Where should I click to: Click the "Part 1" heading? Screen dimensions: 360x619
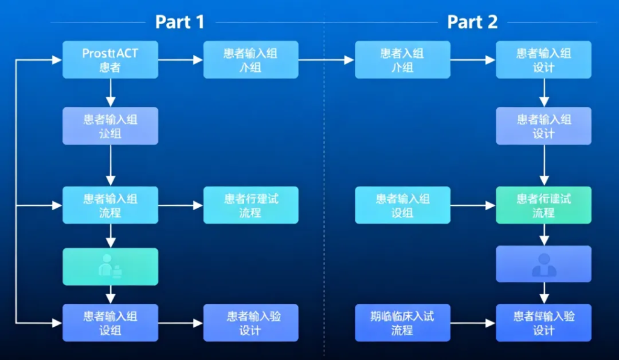180,22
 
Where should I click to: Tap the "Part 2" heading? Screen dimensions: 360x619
472,22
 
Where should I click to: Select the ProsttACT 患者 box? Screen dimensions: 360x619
110,60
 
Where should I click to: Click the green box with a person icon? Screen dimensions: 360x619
110,266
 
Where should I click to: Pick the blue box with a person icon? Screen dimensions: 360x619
543,264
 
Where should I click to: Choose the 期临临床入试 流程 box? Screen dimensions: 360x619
402,323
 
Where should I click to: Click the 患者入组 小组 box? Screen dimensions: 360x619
402,60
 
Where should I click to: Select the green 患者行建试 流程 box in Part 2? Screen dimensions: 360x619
543,205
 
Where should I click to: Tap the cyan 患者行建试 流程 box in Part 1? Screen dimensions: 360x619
251,205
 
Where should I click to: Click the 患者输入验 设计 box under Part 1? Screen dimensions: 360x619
251,323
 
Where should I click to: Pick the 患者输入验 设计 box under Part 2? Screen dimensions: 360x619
543,323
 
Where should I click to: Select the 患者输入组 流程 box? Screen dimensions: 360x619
110,205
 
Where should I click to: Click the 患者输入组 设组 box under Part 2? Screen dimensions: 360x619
402,205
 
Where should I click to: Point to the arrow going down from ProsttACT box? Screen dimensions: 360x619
110,92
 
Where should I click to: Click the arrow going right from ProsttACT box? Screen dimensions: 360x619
180,60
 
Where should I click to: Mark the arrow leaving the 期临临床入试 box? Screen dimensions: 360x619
473,323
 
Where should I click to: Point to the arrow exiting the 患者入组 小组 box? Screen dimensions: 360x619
473,60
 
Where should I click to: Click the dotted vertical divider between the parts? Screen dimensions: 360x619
325,181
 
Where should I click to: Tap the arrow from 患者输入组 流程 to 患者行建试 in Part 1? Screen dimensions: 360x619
180,205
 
